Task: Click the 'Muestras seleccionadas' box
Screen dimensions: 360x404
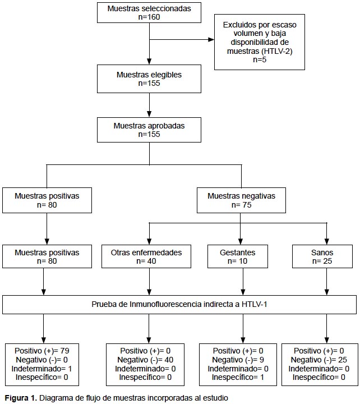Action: pyautogui.click(x=149, y=12)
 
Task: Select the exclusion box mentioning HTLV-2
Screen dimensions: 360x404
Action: pyautogui.click(x=260, y=42)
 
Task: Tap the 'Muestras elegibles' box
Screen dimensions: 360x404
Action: pyautogui.click(x=149, y=79)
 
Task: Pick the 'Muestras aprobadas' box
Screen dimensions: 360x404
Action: pyautogui.click(x=149, y=130)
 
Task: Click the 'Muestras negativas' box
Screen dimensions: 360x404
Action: pyautogui.click(x=241, y=200)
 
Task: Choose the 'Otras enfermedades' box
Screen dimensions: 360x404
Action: pyautogui.click(x=146, y=256)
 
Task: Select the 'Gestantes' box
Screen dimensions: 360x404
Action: pyautogui.click(x=238, y=256)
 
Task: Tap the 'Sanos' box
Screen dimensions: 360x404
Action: pyautogui.click(x=322, y=256)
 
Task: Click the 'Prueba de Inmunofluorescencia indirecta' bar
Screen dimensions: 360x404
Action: pyautogui.click(x=180, y=305)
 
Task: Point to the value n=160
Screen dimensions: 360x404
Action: pyautogui.click(x=149, y=17)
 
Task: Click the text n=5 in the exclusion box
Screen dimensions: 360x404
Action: pyautogui.click(x=260, y=59)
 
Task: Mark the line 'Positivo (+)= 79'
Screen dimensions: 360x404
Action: pyautogui.click(x=42, y=351)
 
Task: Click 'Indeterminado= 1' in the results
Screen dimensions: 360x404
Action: pyautogui.click(x=41, y=369)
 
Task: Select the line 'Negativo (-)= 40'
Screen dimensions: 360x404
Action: pyautogui.click(x=145, y=360)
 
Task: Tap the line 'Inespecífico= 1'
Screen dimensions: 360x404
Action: pyautogui.click(x=238, y=378)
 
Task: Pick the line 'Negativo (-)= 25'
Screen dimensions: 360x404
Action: pyautogui.click(x=319, y=360)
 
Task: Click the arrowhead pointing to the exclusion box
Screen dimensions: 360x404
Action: pyautogui.click(x=211, y=40)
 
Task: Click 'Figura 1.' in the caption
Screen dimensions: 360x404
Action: pyautogui.click(x=21, y=398)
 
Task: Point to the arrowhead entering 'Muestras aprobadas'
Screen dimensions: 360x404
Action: pyautogui.click(x=149, y=114)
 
